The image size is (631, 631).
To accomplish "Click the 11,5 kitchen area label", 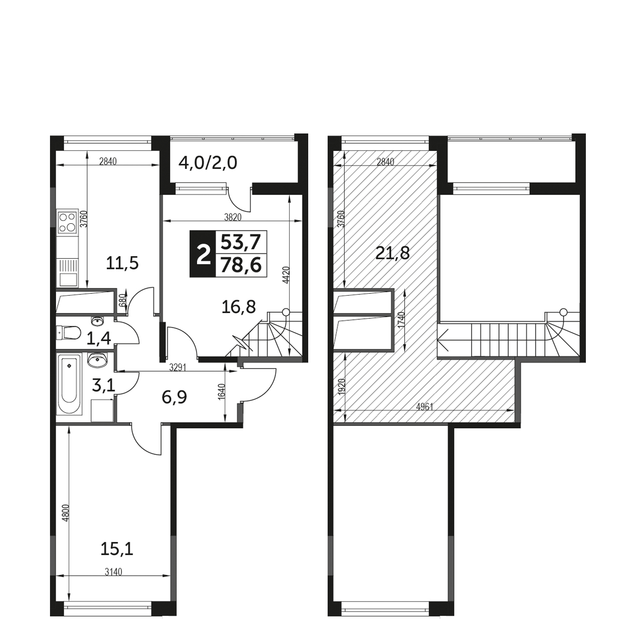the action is click(x=122, y=263).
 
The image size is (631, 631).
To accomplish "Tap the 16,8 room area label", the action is click(x=238, y=307).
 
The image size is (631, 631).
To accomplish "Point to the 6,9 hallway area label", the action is click(x=174, y=398).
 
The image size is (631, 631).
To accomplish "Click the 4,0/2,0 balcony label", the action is click(x=208, y=163).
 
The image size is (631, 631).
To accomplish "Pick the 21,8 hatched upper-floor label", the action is click(x=393, y=253).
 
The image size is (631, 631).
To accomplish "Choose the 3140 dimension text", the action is click(x=113, y=581).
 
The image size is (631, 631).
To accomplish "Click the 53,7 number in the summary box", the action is click(x=241, y=243).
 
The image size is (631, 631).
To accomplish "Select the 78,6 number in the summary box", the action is click(x=241, y=265).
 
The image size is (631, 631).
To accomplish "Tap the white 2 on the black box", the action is click(x=203, y=254).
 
